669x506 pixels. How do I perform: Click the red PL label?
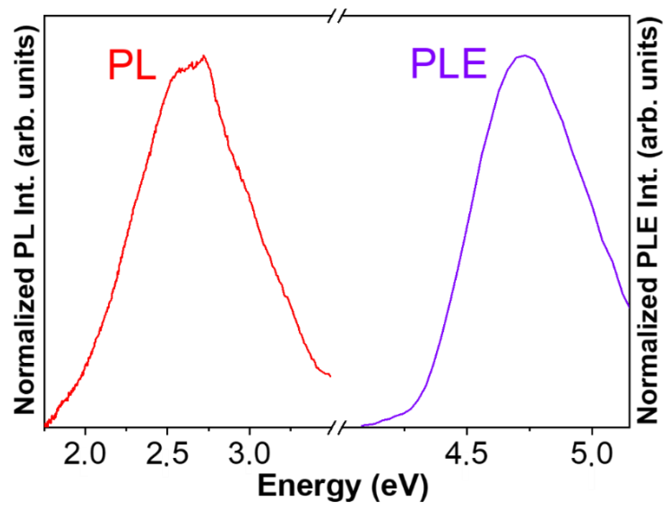132,64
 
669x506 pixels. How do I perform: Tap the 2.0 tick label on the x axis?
85,454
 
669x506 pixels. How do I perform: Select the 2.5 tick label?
167,454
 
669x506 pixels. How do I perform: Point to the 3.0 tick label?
249,454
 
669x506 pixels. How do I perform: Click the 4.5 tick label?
466,454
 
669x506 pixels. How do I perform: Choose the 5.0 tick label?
591,454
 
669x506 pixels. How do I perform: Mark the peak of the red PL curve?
204,56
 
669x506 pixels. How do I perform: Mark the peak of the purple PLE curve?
525,55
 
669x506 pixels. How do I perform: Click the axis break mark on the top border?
337,16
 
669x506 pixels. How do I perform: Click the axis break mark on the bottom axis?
337,427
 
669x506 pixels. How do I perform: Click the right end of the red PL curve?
330,376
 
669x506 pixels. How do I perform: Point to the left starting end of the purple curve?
362,425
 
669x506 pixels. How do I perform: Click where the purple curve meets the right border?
629,306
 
